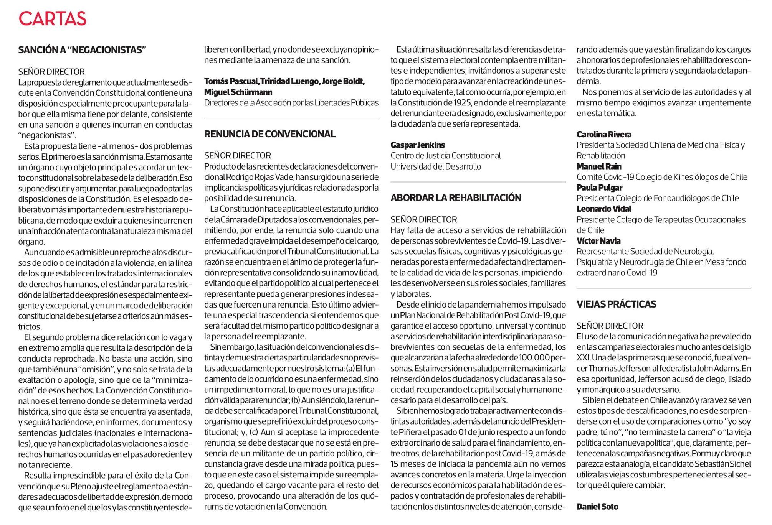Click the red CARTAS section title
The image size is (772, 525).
pos(53,19)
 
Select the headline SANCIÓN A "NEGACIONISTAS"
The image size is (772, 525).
pos(82,50)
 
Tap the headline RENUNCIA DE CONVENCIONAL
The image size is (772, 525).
pos(269,134)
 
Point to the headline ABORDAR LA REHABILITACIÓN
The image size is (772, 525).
pos(456,198)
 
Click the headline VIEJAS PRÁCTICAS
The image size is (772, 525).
pos(616,304)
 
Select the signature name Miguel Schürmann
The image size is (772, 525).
pos(238,92)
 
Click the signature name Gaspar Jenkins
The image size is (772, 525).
pos(418,145)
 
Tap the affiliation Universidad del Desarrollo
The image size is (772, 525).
pos(436,166)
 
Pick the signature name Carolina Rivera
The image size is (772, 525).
pos(604,134)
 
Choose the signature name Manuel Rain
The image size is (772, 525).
pos(599,166)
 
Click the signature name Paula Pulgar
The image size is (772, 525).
pos(599,188)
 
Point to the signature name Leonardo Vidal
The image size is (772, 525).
pos(604,209)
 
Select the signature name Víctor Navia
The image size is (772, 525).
pos(598,241)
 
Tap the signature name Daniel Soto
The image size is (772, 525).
pos(597,507)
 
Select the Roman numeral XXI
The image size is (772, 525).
pos(583,358)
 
